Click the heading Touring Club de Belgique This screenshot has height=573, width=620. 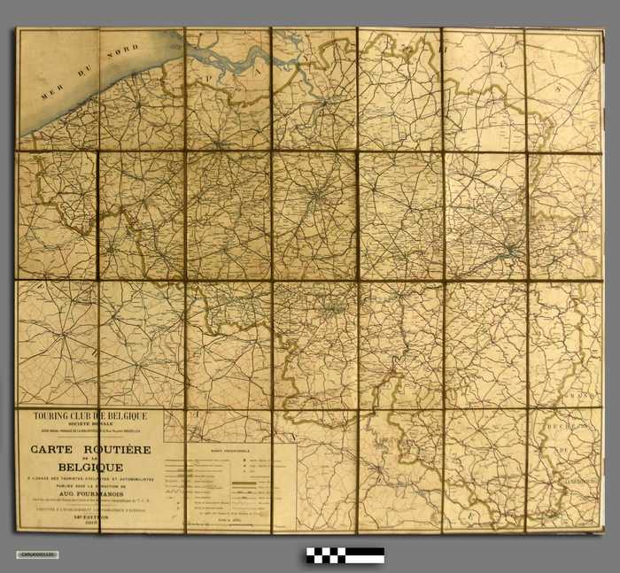coord(89,416)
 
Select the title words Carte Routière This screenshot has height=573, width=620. coord(90,450)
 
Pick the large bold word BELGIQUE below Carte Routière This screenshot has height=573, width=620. coord(90,467)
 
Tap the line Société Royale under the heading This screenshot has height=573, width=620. coord(90,425)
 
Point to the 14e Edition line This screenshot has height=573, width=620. coord(90,522)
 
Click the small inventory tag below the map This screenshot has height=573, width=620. coord(37,554)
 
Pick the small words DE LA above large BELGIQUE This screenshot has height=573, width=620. coord(90,458)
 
